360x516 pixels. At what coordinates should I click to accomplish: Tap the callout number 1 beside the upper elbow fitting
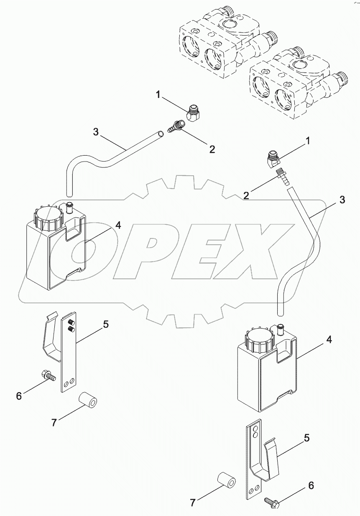pyautogui.click(x=158, y=95)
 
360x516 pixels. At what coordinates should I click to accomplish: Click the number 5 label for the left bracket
pyautogui.click(x=106, y=323)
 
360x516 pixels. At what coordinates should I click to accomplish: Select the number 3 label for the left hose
pyautogui.click(x=96, y=132)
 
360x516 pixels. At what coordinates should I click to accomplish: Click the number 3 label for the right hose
pyautogui.click(x=342, y=200)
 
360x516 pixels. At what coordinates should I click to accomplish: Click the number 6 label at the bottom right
pyautogui.click(x=311, y=485)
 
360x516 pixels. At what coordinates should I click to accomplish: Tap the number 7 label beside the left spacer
pyautogui.click(x=54, y=423)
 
